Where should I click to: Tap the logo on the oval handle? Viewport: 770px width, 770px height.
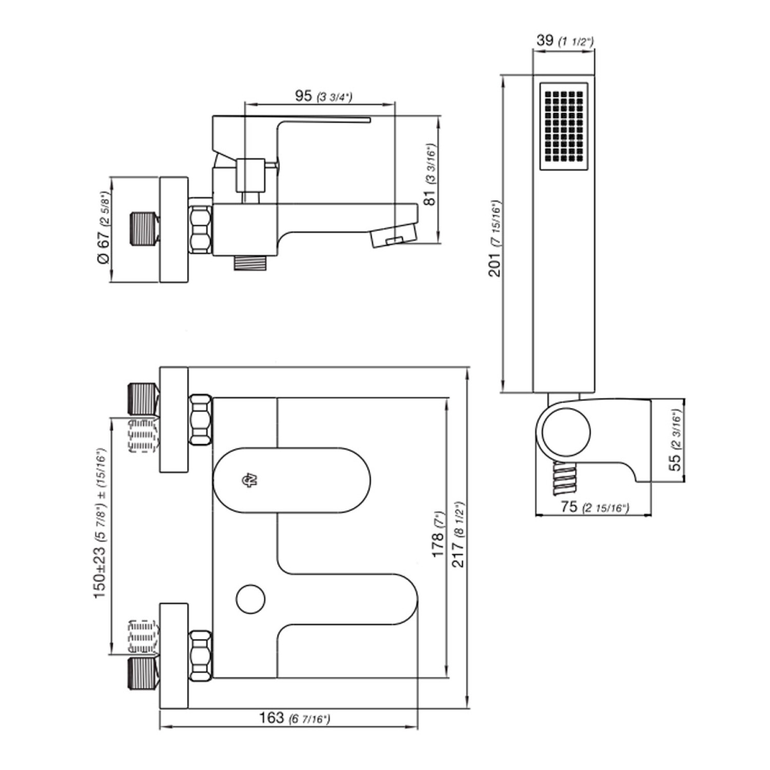coord(249,480)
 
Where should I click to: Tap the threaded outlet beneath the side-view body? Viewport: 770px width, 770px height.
coord(251,262)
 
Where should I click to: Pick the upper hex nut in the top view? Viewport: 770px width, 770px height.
coord(200,419)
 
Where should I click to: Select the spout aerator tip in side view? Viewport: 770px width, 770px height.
coord(393,237)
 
